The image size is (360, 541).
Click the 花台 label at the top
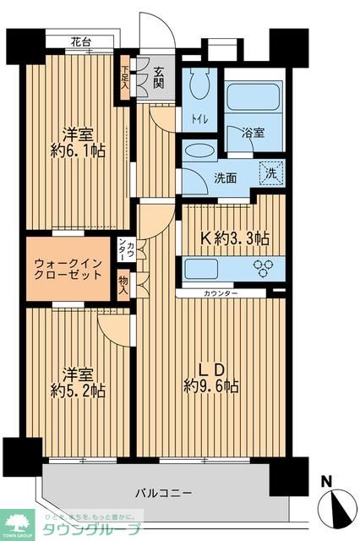(x=81, y=41)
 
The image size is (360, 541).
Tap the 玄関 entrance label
(x=159, y=78)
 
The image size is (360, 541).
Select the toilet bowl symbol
(x=199, y=85)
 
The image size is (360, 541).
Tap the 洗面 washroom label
(x=225, y=178)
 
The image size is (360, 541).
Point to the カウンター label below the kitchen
(x=221, y=293)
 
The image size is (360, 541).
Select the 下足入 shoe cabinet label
(x=125, y=78)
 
